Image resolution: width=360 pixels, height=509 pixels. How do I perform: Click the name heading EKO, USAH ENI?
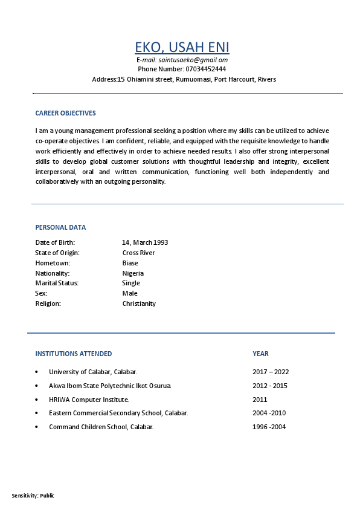182,47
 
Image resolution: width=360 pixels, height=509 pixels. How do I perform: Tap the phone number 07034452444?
202,69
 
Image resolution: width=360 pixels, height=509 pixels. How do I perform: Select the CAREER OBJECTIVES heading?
65,113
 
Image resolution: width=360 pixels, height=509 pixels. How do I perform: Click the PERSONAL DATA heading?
60,227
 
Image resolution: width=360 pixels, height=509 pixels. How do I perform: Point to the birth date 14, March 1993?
145,242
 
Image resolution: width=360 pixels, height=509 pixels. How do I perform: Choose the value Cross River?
138,253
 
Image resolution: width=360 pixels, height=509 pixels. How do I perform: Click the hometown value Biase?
130,263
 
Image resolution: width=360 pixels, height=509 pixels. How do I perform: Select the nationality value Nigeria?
133,273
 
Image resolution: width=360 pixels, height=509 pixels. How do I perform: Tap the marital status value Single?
131,283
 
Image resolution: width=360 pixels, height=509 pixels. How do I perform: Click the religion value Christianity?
139,303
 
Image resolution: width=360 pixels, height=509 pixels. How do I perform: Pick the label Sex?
41,293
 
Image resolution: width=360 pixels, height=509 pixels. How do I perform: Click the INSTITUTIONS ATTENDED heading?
74,354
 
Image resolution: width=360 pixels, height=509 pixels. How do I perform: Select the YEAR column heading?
260,354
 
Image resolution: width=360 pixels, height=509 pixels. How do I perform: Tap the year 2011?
260,400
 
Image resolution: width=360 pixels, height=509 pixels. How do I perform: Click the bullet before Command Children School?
37,427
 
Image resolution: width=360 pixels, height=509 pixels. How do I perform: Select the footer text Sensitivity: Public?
33,496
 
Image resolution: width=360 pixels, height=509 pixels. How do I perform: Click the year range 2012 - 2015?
269,386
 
